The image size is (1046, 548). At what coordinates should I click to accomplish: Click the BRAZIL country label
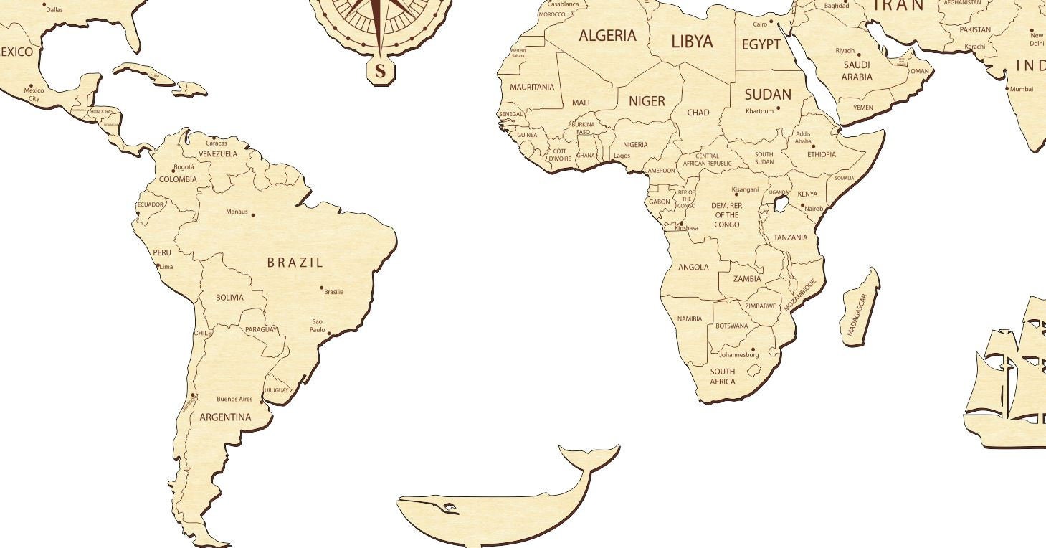295,263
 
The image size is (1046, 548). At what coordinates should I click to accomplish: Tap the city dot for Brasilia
322,288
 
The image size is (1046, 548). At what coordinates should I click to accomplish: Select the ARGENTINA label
225,417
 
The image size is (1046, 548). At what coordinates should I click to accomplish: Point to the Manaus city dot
252,214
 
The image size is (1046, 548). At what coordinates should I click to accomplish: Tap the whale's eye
450,508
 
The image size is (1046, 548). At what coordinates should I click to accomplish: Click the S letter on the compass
381,71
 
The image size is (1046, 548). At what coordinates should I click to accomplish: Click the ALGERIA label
607,36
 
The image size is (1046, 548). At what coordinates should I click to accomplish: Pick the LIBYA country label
692,42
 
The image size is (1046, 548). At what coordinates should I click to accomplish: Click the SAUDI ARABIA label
857,71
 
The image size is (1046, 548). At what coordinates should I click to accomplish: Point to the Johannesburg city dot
753,349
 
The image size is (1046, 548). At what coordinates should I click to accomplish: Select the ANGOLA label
693,268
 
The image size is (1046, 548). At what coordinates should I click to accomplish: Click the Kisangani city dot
736,194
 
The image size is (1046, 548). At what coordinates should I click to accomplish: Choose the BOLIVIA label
229,298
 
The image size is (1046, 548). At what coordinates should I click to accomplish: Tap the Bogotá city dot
173,171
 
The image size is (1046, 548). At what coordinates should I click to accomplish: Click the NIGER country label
647,102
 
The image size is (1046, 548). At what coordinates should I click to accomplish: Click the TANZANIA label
790,237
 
